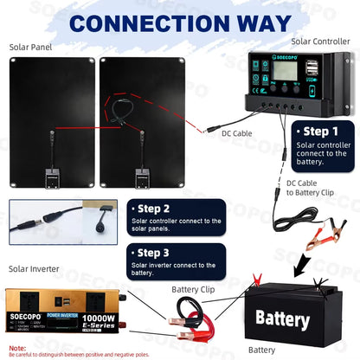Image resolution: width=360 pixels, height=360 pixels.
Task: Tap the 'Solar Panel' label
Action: click(x=31, y=48)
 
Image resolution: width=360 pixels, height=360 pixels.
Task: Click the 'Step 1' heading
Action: click(x=316, y=132)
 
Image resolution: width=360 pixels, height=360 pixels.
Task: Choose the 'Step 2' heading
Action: click(x=154, y=209)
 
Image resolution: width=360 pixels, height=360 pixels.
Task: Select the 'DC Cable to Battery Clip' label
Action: click(x=312, y=188)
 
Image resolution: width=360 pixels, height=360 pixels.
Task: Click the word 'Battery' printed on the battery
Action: click(x=282, y=318)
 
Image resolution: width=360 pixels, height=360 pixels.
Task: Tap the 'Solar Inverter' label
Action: click(x=35, y=269)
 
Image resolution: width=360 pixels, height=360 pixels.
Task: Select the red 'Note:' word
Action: click(x=17, y=348)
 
